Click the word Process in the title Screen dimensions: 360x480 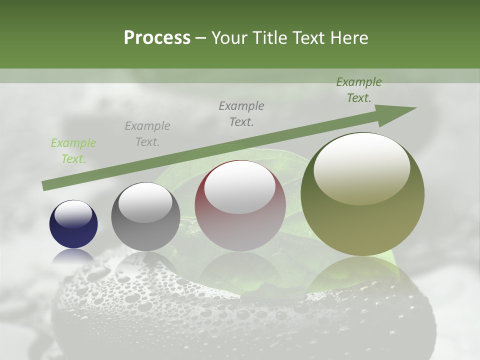point(157,37)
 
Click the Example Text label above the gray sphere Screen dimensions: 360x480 point(147,134)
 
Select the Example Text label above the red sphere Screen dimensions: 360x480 point(241,114)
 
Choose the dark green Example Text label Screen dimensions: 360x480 point(359,90)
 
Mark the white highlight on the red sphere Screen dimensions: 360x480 point(239,186)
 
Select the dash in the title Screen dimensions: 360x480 point(200,38)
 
